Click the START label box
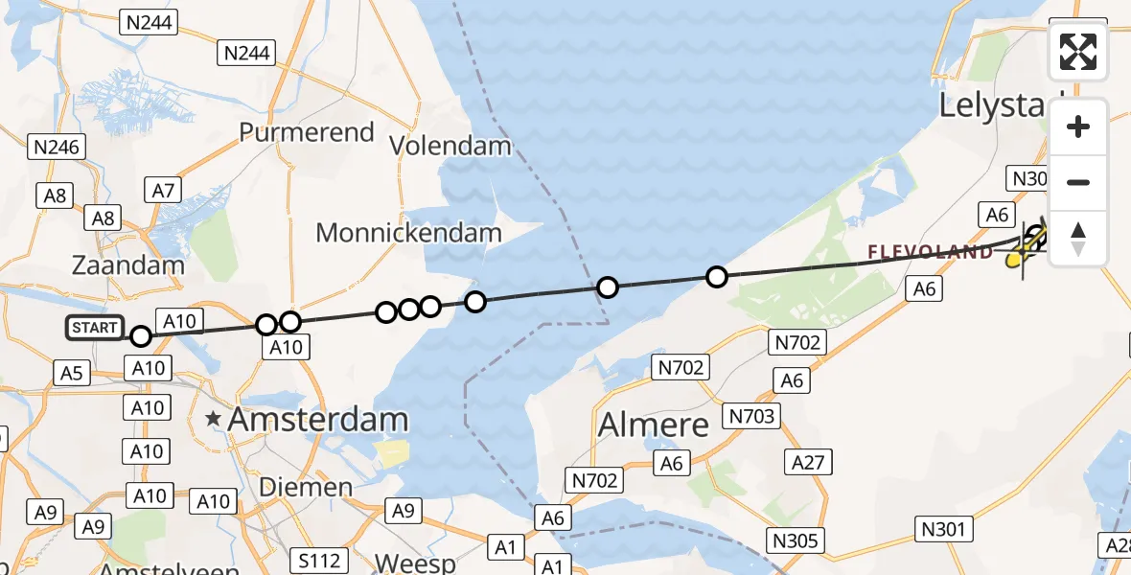pyautogui.click(x=94, y=328)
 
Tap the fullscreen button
pyautogui.click(x=1078, y=52)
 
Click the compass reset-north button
pyautogui.click(x=1078, y=239)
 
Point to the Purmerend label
pyautogui.click(x=307, y=132)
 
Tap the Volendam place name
pyautogui.click(x=450, y=146)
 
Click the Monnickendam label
pyautogui.click(x=408, y=232)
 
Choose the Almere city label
pyautogui.click(x=654, y=424)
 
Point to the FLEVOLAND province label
pyautogui.click(x=931, y=252)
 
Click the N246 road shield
pyautogui.click(x=58, y=147)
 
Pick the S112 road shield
pyautogui.click(x=319, y=559)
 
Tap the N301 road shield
pyautogui.click(x=946, y=528)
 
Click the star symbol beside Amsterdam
pyautogui.click(x=212, y=418)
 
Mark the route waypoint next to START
pyautogui.click(x=141, y=335)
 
